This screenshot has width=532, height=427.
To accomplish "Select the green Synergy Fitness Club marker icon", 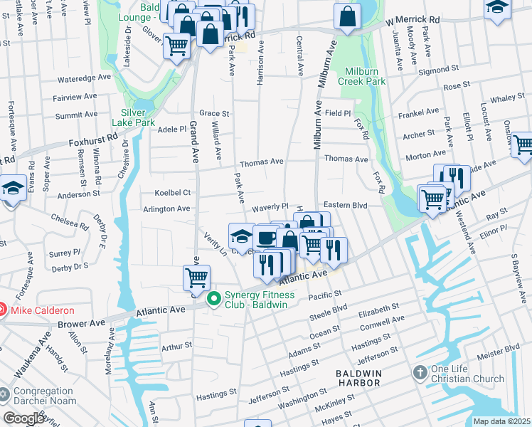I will click(213, 300).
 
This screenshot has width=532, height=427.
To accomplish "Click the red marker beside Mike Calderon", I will click(2, 310).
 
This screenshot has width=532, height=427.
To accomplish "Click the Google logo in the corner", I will click(23, 418).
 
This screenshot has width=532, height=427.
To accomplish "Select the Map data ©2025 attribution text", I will click(502, 421).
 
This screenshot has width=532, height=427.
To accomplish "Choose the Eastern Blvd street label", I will click(345, 204).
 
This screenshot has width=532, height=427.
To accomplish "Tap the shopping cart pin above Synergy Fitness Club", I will click(196, 278).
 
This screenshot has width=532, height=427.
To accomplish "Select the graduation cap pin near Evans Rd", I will click(13, 189).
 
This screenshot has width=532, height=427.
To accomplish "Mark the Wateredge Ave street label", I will click(85, 77).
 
